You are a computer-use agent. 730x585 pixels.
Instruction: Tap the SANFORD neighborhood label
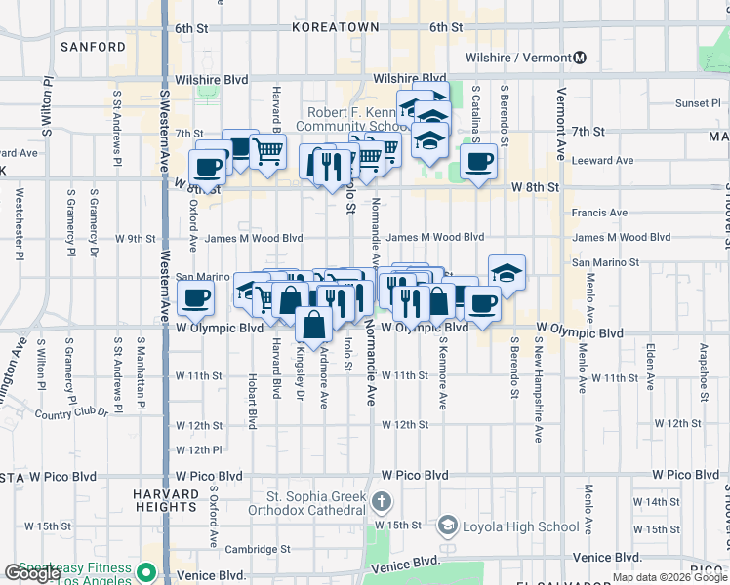point(93,46)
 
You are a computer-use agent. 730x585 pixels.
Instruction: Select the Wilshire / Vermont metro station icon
point(581,58)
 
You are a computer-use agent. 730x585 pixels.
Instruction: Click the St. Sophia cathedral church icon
point(381,503)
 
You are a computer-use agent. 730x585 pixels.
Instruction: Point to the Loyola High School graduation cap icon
point(447,526)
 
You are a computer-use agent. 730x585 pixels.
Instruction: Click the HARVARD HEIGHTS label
point(166,500)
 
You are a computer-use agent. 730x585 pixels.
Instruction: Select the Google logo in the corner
point(31,573)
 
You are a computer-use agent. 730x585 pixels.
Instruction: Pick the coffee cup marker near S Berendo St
point(478,162)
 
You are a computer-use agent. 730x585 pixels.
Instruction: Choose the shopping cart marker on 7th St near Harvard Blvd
point(267,151)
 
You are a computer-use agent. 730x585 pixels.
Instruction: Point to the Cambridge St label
point(258,548)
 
